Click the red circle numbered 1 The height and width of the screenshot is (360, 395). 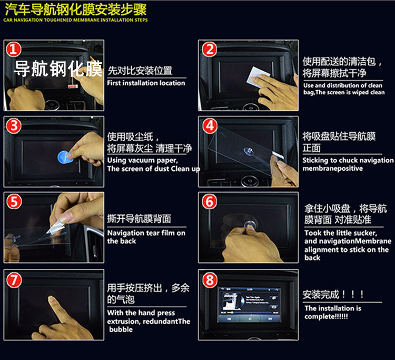pos(14,49)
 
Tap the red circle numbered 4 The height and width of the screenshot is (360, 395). pos(210,126)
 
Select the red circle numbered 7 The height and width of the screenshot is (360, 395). pos(14,280)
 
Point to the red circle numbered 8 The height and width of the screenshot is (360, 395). pos(210,280)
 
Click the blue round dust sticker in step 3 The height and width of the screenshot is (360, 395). pos(64,157)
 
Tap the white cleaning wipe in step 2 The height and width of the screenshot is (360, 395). pos(258,77)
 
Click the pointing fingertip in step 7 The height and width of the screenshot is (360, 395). pos(52,299)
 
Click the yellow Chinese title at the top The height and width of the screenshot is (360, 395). pos(75,9)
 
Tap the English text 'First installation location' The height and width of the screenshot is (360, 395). pos(146,83)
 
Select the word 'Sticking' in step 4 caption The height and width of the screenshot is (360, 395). pos(315,161)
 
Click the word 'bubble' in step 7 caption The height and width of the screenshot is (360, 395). pos(121,329)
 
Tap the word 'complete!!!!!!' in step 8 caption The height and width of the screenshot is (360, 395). pos(326,316)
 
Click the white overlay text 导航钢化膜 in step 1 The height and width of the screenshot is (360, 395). pos(58,69)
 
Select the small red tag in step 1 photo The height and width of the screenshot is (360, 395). pos(73,86)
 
